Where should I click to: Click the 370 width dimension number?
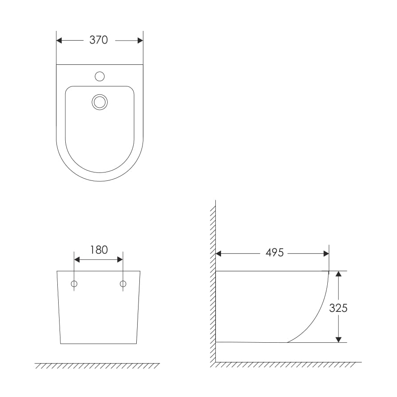click(98, 40)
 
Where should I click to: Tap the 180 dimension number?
click(99, 250)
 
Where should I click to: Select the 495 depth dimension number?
click(275, 253)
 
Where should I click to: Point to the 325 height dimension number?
click(338, 308)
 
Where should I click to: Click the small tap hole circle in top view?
click(100, 76)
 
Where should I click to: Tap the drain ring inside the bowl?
click(100, 102)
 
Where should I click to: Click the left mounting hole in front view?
click(74, 284)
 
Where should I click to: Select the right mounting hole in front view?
click(123, 284)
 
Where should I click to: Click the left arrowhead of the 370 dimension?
click(59, 41)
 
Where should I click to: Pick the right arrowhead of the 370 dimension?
click(140, 41)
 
